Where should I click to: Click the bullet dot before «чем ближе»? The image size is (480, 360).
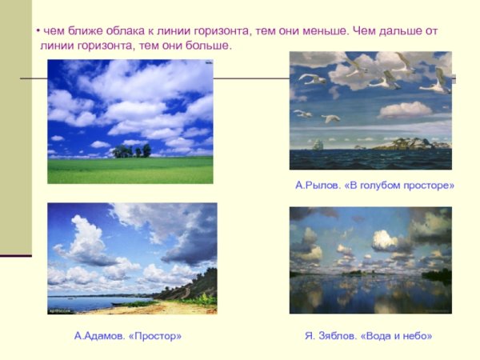[x=38, y=30]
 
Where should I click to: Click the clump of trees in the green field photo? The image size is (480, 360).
[x=131, y=150]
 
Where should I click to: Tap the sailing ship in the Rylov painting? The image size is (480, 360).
[x=318, y=144]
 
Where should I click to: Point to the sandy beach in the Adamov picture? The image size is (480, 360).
[x=160, y=307]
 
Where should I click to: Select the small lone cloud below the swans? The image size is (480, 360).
[x=404, y=110]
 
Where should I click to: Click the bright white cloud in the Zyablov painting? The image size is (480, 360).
[x=386, y=239]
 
